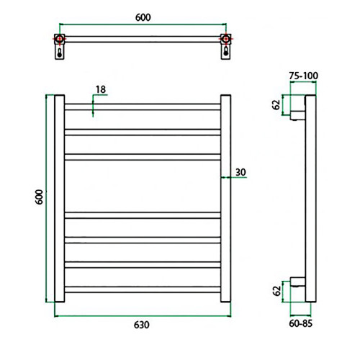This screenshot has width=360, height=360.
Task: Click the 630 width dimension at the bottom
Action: (x=141, y=325)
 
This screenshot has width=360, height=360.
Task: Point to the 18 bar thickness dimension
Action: (x=100, y=89)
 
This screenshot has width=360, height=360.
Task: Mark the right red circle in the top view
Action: (x=226, y=39)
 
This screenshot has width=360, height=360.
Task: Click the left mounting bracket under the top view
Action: (x=59, y=53)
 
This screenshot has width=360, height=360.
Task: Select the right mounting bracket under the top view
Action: (x=226, y=53)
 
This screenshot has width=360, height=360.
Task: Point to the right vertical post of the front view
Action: (x=225, y=197)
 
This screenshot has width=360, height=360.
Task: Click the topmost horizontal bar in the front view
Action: (x=143, y=107)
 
